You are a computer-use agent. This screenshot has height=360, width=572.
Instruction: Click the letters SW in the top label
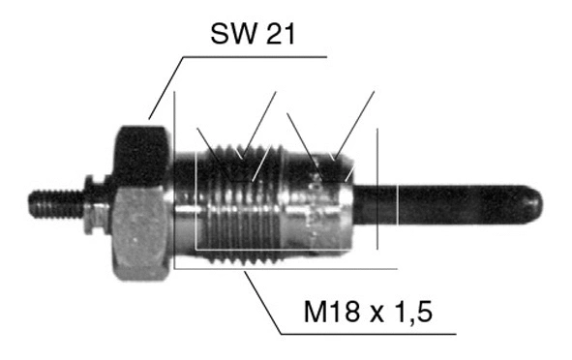pyautogui.click(x=230, y=36)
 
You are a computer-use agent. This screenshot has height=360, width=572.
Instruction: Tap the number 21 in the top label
pyautogui.click(x=279, y=36)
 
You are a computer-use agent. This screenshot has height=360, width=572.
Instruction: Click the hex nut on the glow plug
pyautogui.click(x=140, y=203)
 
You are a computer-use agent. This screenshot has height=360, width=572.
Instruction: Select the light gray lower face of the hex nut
pyautogui.click(x=141, y=232)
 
